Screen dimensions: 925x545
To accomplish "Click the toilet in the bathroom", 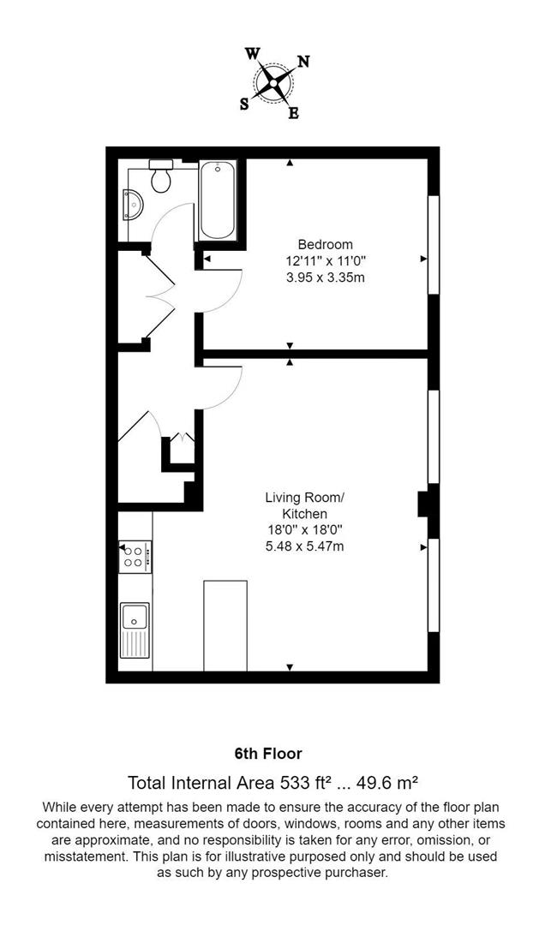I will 160,177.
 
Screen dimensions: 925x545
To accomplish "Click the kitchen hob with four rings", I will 134,557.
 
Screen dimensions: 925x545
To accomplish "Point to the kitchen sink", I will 135,629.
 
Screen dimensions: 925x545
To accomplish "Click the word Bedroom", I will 320,244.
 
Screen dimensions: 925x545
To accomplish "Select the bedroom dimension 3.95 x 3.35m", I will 320,277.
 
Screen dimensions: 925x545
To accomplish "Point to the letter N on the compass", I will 302,62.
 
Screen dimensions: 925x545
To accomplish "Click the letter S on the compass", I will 244,104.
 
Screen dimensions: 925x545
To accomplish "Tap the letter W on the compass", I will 253,53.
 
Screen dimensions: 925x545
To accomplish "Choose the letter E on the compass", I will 293,114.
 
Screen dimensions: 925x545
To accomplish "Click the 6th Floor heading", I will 268,755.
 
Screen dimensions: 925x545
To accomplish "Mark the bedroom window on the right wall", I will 434,247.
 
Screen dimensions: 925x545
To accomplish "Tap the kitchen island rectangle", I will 225,625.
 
